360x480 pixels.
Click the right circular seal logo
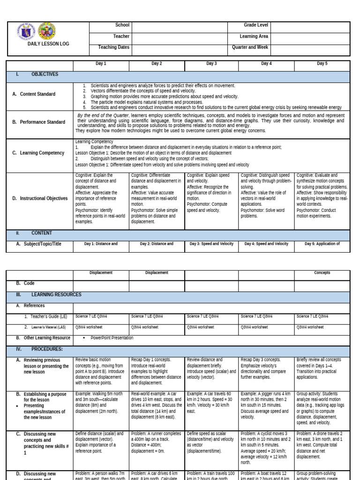48,31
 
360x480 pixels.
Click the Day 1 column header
101,63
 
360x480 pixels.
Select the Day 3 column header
211,63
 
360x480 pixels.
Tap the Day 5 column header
322,63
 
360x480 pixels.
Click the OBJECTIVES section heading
45,74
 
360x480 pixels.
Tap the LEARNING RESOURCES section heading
56,294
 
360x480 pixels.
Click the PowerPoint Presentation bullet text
112,337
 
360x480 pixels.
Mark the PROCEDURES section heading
47,349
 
